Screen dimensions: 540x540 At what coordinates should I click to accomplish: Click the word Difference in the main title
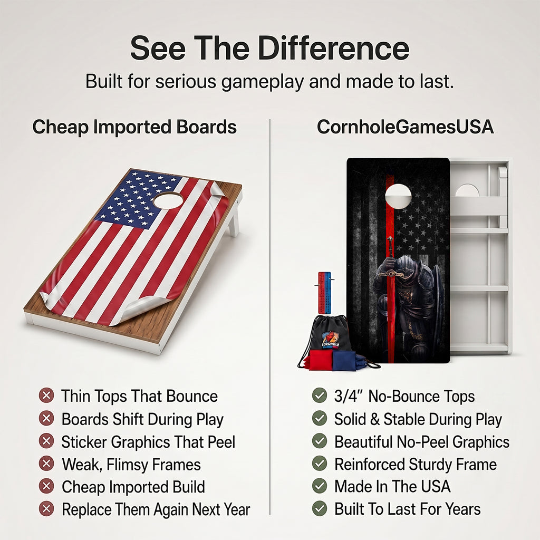pyautogui.click(x=333, y=48)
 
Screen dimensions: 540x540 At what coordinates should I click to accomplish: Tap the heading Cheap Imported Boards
pyautogui.click(x=134, y=127)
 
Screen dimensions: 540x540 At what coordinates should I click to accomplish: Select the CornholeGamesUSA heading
pyautogui.click(x=405, y=127)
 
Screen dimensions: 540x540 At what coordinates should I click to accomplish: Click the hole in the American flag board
pyautogui.click(x=168, y=200)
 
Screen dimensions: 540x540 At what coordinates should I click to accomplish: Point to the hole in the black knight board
pyautogui.click(x=398, y=196)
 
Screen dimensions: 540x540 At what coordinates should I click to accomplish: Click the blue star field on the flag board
pyautogui.click(x=138, y=200)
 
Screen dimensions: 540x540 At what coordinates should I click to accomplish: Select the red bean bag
pyautogui.click(x=320, y=360)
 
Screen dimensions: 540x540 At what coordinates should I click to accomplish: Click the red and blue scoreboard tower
pyautogui.click(x=324, y=293)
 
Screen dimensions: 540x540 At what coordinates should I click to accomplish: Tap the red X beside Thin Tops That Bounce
pyautogui.click(x=46, y=396)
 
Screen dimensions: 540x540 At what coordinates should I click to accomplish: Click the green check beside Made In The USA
pyautogui.click(x=319, y=486)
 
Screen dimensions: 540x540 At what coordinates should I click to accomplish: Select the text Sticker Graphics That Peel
pyautogui.click(x=148, y=442)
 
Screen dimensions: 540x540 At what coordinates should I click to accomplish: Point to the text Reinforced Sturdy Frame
pyautogui.click(x=416, y=465)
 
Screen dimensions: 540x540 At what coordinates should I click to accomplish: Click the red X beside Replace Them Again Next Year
pyautogui.click(x=46, y=509)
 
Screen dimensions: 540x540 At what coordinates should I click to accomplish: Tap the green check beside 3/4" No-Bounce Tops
pyautogui.click(x=319, y=396)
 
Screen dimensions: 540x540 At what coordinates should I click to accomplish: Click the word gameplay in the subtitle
pyautogui.click(x=263, y=82)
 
